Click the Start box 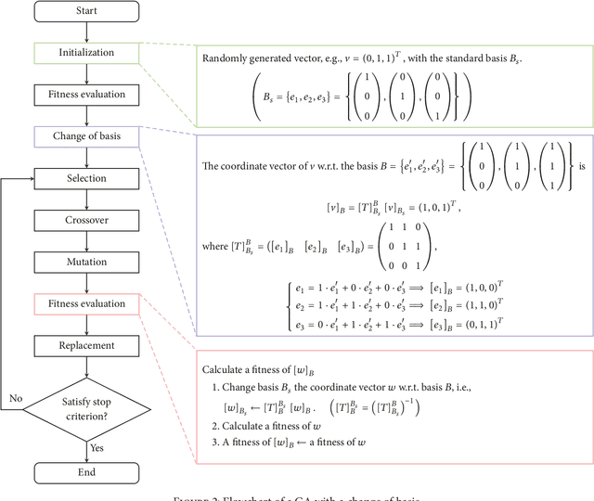87,11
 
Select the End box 87,473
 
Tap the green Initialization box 87,53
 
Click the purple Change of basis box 87,136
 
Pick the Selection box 87,178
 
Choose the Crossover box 87,220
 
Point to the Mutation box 87,262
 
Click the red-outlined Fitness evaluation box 87,303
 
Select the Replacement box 87,345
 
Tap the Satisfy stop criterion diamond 87,402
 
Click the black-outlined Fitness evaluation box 87,95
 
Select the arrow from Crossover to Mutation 87,241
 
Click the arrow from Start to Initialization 87,32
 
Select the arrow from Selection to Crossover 87,199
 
